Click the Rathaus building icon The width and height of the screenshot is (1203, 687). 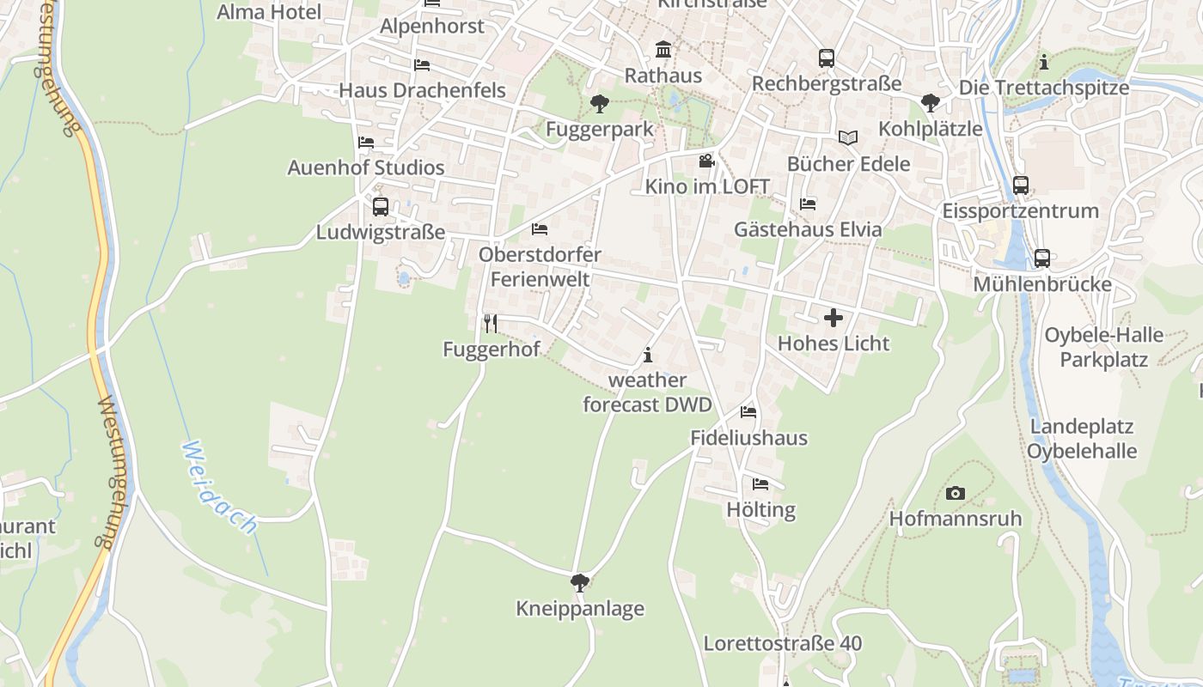coord(663,49)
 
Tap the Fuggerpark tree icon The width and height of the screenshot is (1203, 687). coord(600,104)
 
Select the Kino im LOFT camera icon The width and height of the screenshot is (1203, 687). coord(706,161)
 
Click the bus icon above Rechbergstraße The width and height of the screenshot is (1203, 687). coord(827,58)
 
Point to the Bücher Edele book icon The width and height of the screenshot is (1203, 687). coord(848,137)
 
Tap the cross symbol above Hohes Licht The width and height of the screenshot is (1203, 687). coord(834,318)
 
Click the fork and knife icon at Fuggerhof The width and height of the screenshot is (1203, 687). coord(491,323)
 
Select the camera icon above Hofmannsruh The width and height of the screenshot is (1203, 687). coord(955,493)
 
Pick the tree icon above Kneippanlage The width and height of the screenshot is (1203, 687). coord(580,583)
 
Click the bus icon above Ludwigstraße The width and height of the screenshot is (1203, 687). coord(381,207)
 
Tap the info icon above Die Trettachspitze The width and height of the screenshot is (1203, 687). coord(1044,62)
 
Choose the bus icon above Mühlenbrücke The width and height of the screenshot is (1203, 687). coord(1042,258)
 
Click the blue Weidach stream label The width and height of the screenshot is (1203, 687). coord(220,487)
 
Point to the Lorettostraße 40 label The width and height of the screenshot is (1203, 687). coord(783,643)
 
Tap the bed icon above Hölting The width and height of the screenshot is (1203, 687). coord(760,484)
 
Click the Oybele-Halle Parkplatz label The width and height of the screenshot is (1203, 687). coord(1104,347)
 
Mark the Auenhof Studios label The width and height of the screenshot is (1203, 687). coord(366,167)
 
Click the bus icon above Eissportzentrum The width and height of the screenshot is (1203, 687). coord(1021,185)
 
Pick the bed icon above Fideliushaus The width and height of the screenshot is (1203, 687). coord(748,412)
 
